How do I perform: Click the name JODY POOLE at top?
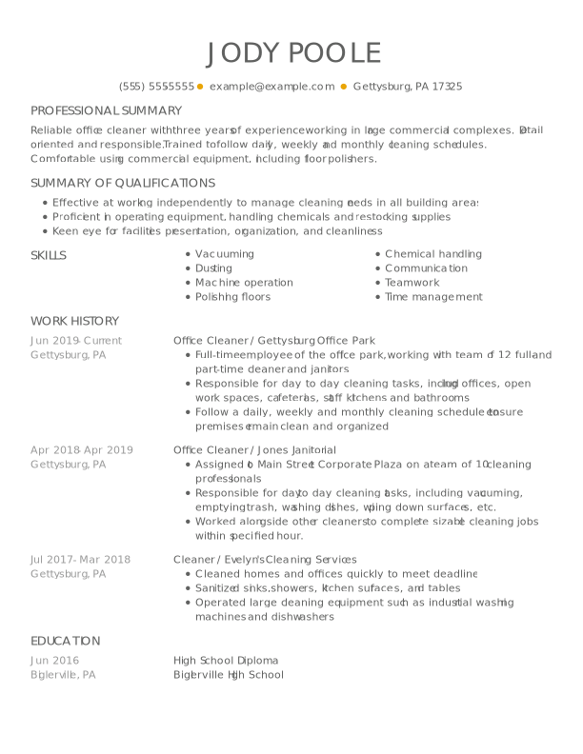292,52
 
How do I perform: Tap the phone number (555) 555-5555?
156,86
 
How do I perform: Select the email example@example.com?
271,86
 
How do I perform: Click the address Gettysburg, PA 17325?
408,86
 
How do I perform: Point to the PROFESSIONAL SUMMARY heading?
106,110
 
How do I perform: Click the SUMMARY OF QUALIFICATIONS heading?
123,183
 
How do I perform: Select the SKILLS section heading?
49,254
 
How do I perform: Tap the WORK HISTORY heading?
74,321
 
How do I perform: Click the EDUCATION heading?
65,641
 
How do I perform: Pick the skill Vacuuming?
225,254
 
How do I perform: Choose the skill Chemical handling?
433,254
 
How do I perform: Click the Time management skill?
433,297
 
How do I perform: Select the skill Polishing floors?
232,297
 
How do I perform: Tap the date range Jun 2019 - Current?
76,340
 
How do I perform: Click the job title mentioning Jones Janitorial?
254,450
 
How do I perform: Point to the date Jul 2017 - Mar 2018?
80,560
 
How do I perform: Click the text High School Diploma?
226,660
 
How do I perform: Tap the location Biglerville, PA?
63,674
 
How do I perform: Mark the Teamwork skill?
412,283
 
